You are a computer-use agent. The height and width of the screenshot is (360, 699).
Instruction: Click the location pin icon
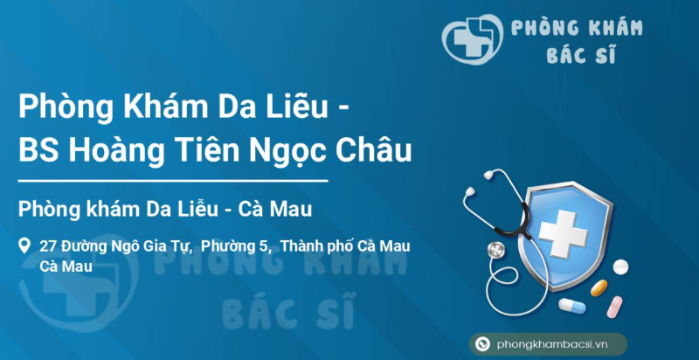(x=25, y=246)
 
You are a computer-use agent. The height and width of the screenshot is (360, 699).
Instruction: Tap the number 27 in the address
(x=48, y=246)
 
